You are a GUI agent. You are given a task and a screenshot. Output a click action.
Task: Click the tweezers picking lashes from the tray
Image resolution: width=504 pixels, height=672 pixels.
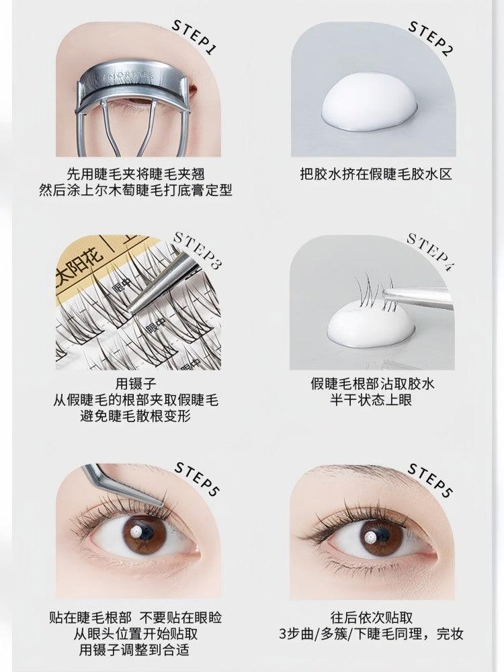[161, 282]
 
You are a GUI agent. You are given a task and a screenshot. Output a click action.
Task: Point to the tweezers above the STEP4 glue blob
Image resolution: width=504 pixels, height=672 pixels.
[417, 296]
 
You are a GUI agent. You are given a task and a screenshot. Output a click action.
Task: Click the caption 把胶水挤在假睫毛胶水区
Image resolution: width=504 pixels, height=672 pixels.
[376, 174]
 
